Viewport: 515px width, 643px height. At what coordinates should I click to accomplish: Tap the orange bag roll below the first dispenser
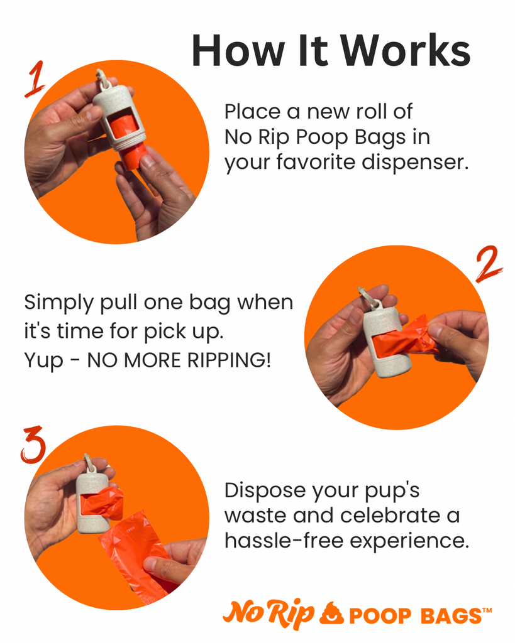tap(132, 156)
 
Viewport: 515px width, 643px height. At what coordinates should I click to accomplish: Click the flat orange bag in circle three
tap(135, 553)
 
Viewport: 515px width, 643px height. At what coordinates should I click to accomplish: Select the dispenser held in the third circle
tap(92, 499)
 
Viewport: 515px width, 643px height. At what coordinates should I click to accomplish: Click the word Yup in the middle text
tap(40, 361)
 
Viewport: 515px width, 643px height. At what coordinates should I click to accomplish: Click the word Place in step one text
tap(251, 112)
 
